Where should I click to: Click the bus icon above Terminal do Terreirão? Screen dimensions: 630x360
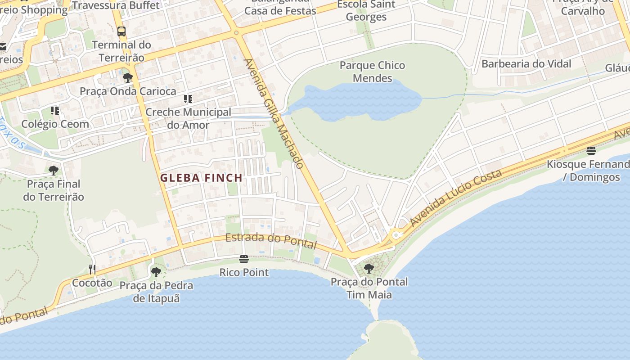tap(121, 31)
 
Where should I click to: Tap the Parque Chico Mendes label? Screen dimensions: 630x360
tap(372, 72)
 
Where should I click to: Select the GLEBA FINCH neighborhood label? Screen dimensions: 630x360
tap(202, 178)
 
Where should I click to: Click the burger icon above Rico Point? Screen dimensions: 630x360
tap(244, 259)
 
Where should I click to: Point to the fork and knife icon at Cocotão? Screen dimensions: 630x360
tap(92, 270)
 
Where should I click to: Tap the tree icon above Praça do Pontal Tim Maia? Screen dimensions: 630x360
tap(369, 269)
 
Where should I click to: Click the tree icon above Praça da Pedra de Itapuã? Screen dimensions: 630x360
tap(156, 272)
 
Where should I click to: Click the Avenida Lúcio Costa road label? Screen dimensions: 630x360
tap(455, 198)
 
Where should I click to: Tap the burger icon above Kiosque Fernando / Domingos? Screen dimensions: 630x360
tap(591, 151)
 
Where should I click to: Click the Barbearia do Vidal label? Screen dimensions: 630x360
tap(526, 63)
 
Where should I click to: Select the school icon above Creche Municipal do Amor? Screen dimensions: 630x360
tap(188, 99)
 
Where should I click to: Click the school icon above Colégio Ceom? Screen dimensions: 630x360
tap(55, 111)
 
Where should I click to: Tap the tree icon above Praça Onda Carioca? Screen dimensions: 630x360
tap(128, 77)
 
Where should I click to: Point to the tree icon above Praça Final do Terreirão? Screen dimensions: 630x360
tap(54, 170)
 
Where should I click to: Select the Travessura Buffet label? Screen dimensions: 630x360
tap(116, 5)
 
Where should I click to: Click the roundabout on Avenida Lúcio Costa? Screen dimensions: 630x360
tap(396, 234)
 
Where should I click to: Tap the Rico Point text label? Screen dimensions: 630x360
tap(244, 272)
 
